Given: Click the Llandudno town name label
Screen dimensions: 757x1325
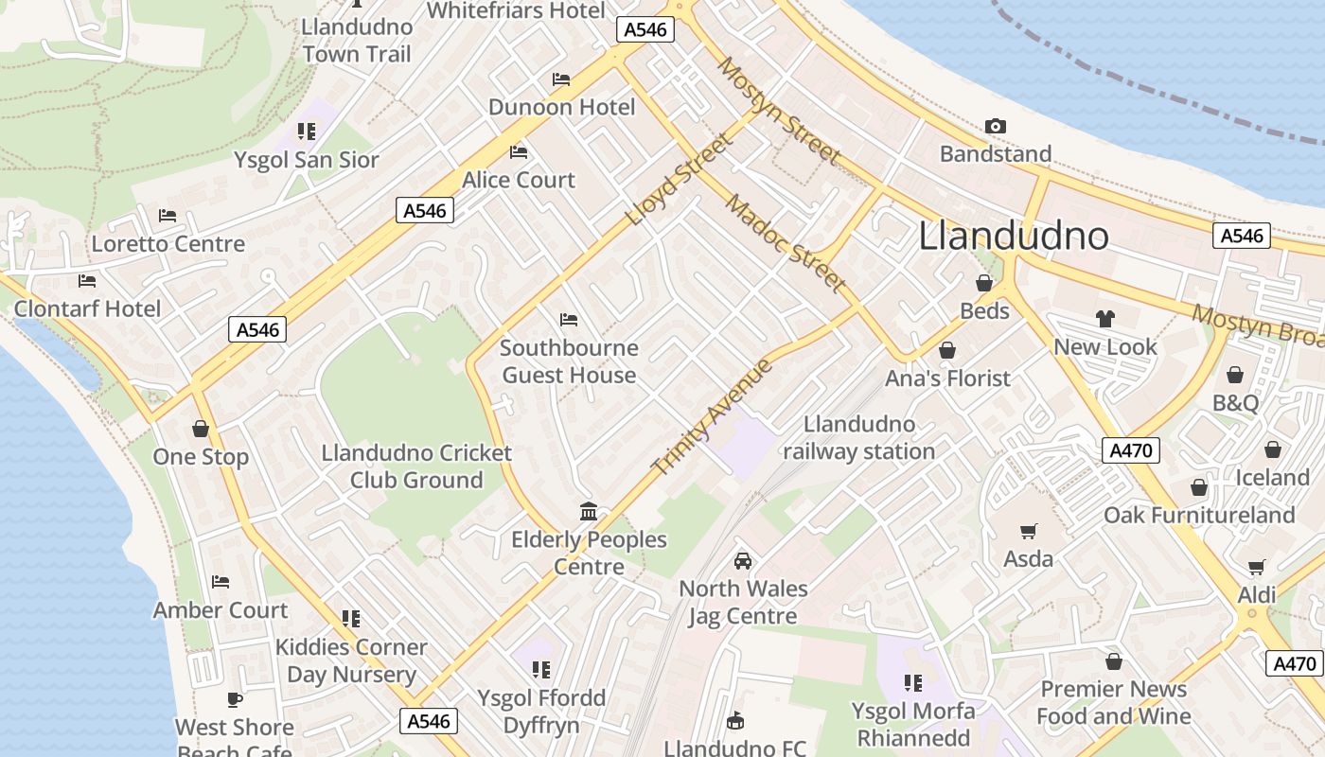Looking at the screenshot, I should point(1014,236).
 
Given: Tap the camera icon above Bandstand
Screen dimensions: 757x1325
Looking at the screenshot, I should point(995,126).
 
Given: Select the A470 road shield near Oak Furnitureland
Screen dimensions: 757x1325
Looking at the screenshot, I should point(1131,450).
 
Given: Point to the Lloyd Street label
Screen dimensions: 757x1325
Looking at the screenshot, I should point(680,180).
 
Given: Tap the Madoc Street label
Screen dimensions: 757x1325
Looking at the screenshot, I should point(785,242).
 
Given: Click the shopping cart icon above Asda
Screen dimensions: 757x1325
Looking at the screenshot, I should point(1028,532).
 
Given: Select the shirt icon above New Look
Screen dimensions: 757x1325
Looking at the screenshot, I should point(1104,319).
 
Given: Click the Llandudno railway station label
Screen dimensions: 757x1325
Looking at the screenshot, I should point(858,438).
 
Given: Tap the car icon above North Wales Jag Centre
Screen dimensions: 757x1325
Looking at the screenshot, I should point(743,560).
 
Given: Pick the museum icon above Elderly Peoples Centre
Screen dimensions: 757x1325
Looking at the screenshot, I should point(589,512).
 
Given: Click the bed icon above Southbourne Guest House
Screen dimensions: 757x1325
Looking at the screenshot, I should point(569,320).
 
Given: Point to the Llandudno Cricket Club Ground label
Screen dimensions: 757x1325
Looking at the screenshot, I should point(416,467).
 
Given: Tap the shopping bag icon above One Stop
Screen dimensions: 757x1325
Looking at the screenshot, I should point(201,429).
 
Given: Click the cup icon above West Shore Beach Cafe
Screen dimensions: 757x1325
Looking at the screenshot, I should point(235,699).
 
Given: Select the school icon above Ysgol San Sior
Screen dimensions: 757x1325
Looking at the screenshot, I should point(306,132).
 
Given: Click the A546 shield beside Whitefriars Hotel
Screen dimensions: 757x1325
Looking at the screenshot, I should point(646,29).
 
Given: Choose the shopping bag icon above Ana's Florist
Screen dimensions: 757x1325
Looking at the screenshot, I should point(947,351).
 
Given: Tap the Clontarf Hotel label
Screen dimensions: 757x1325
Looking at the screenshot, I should point(87,308).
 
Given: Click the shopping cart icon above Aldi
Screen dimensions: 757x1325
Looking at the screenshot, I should point(1257,568).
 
